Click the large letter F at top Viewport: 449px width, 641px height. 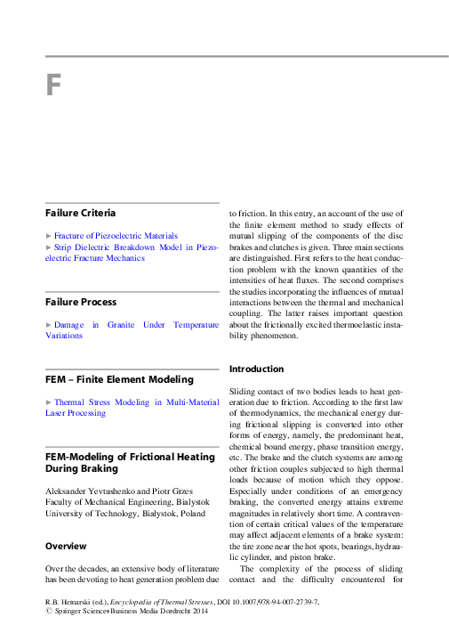pyautogui.click(x=53, y=86)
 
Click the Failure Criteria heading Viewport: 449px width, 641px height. pyautogui.click(x=80, y=213)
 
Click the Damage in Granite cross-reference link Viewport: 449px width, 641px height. pyautogui.click(x=132, y=326)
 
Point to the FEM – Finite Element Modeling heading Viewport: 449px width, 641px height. pyautogui.click(x=119, y=379)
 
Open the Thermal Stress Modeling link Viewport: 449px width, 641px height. pyautogui.click(x=132, y=402)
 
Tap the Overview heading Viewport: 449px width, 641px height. pyautogui.click(x=66, y=546)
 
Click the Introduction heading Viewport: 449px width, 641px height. pyautogui.click(x=257, y=369)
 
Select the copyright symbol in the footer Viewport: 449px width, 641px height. pyautogui.click(x=48, y=613)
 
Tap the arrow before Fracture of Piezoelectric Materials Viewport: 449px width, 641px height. pyautogui.click(x=48, y=236)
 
